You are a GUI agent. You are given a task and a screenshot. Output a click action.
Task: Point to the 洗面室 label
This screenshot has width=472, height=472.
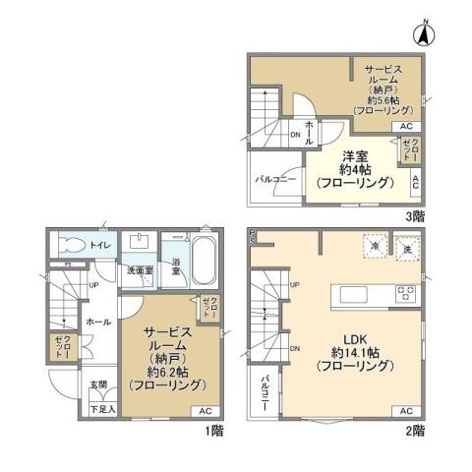(138, 270)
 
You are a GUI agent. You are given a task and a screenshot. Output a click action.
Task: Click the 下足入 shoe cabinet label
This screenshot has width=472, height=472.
(102, 407)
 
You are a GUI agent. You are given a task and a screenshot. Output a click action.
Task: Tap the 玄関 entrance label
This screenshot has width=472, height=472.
(100, 384)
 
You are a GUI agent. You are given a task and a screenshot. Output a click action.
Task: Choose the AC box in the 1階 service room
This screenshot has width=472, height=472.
(204, 410)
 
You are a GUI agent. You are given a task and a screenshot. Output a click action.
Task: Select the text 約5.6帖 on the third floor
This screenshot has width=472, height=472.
(383, 98)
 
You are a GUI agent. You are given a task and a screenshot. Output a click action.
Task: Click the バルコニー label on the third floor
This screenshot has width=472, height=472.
(271, 181)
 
